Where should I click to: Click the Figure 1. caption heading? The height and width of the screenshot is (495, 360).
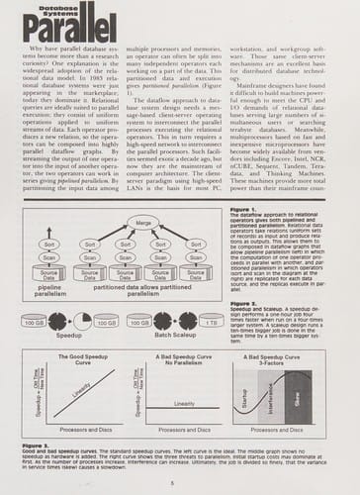point(243,209)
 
